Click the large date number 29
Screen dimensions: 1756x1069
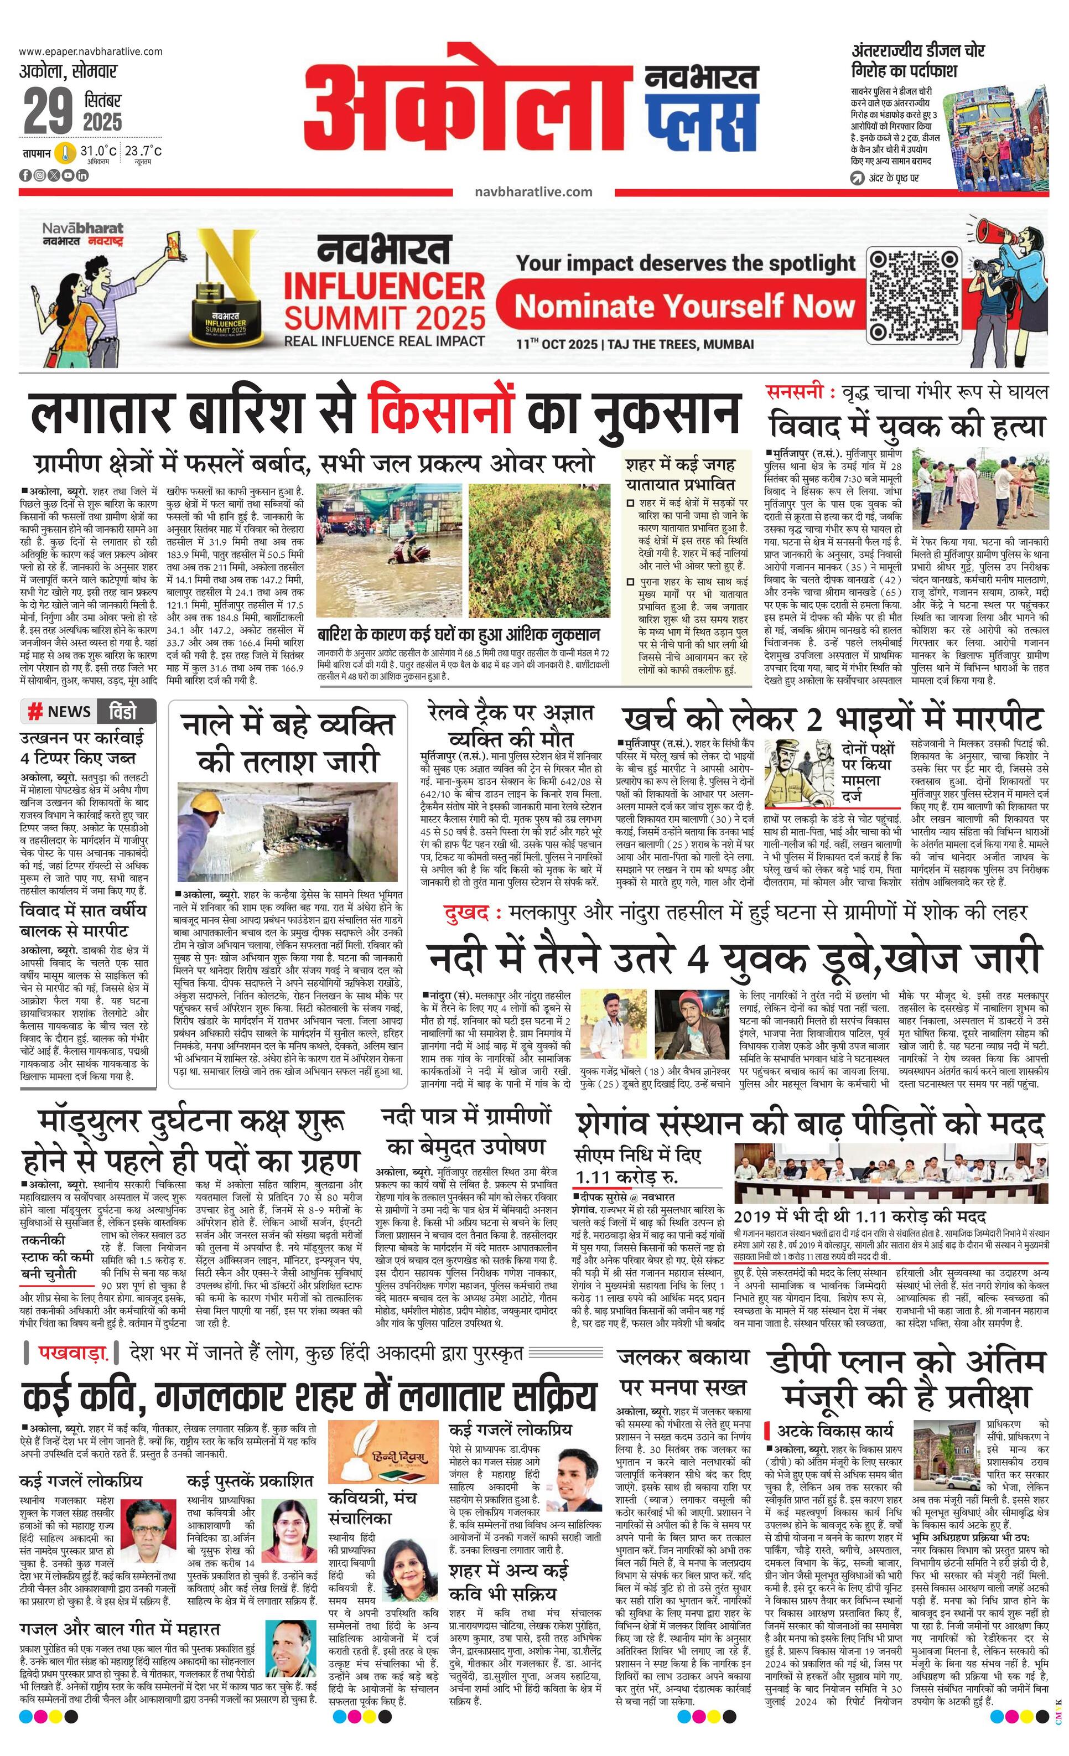coord(49,111)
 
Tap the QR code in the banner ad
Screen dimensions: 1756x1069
coord(913,295)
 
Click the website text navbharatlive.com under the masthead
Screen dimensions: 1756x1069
coord(533,191)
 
